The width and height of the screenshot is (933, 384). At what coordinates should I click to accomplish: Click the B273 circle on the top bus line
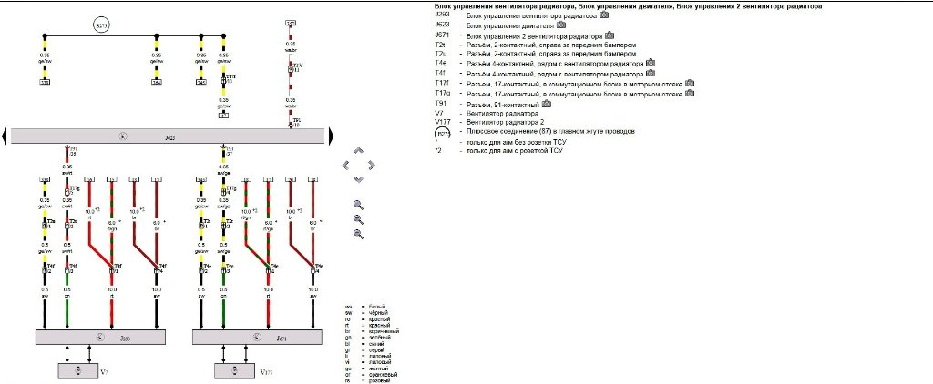[x=101, y=26]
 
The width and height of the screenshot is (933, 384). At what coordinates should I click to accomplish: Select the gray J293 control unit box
[x=100, y=336]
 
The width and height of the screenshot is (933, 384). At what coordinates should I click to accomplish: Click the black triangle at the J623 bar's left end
[x=4, y=136]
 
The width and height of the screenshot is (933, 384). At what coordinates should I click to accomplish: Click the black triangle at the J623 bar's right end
[x=331, y=136]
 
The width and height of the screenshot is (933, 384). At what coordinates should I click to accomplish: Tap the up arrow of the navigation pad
[x=358, y=151]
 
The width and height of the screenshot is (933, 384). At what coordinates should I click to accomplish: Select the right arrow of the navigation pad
[x=372, y=165]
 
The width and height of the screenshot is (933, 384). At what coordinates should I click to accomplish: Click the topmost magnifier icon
[x=358, y=205]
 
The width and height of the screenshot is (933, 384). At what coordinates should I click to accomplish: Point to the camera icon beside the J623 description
[x=553, y=25]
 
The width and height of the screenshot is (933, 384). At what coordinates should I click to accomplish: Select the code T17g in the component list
[x=443, y=94]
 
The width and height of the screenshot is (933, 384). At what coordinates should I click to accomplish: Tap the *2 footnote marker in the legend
[x=438, y=149]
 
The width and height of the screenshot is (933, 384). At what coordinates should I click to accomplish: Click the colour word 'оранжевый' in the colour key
[x=380, y=374]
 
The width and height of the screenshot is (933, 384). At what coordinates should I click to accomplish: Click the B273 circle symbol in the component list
[x=442, y=132]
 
